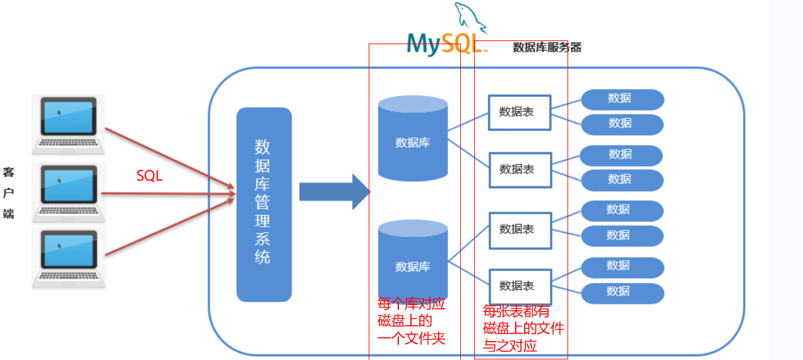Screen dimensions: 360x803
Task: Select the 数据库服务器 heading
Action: (x=547, y=47)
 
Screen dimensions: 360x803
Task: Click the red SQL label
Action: (x=150, y=176)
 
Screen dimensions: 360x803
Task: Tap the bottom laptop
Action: (x=69, y=258)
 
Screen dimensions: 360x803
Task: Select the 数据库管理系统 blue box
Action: (x=264, y=204)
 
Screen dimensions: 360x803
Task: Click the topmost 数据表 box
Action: (x=519, y=112)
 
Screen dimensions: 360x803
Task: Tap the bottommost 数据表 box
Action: (x=520, y=286)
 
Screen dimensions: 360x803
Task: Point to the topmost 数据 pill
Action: (x=622, y=99)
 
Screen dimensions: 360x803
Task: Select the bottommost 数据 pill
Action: (x=622, y=292)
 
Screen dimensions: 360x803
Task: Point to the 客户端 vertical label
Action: (x=8, y=193)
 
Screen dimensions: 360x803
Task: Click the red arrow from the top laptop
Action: (x=167, y=157)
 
